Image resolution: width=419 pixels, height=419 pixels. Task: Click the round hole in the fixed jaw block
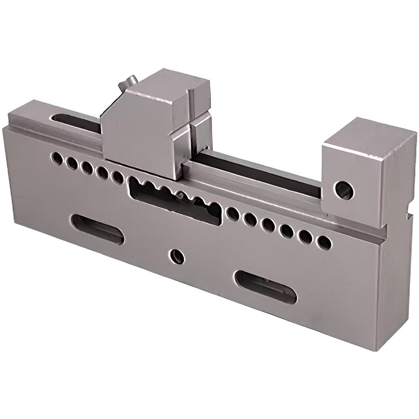pos(343,190)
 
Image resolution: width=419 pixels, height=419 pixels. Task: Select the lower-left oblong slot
pos(97,229)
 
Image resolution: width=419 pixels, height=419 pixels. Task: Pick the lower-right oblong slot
pos(266,287)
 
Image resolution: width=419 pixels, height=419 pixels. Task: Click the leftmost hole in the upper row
pos(57,158)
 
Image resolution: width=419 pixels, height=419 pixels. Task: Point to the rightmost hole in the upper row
pos(324,243)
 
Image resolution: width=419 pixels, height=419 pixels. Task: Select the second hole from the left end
pos(72,163)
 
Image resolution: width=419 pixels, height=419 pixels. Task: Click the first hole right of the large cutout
pos(233,214)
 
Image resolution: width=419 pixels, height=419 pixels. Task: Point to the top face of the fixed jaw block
pos(369,136)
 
